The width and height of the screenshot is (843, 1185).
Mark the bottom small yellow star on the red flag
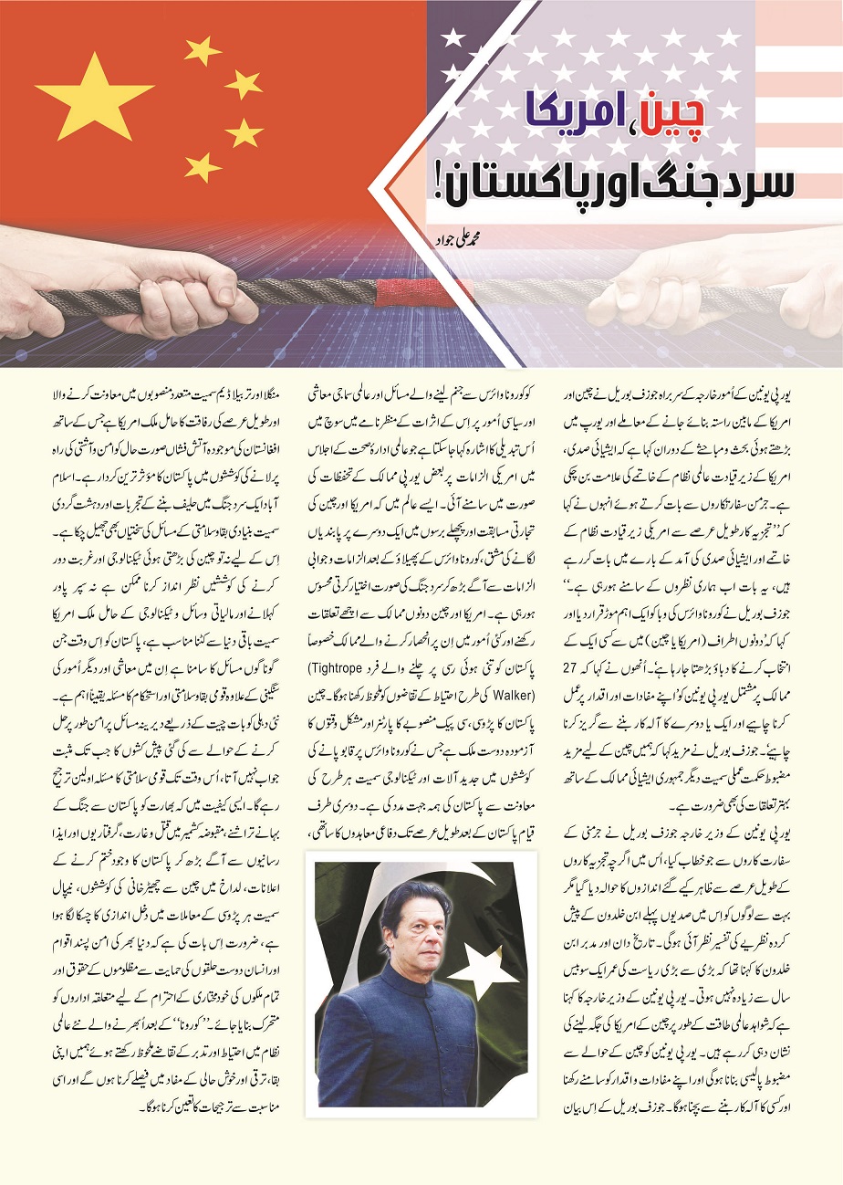pos(203,166)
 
